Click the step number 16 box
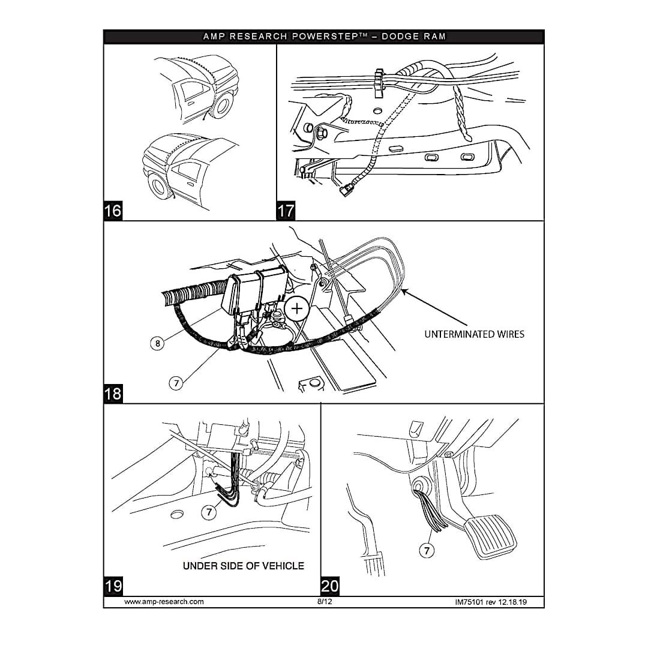pyautogui.click(x=113, y=211)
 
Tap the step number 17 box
pyautogui.click(x=286, y=211)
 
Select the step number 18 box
pyautogui.click(x=113, y=394)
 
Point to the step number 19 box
pyautogui.click(x=113, y=586)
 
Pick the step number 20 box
pyautogui.click(x=330, y=586)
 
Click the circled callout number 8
pyautogui.click(x=157, y=344)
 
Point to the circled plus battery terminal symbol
pyautogui.click(x=296, y=309)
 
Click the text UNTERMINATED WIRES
pyautogui.click(x=474, y=334)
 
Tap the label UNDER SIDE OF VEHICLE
pyautogui.click(x=244, y=566)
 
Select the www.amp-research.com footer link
pyautogui.click(x=164, y=601)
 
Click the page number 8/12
pyautogui.click(x=324, y=601)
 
